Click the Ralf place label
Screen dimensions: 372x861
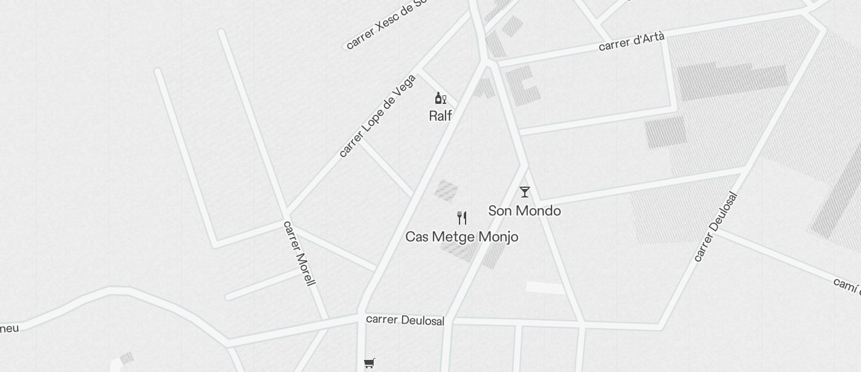[x=440, y=115]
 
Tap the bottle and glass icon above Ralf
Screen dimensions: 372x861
[x=440, y=98]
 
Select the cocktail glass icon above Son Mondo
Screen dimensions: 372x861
[x=525, y=192]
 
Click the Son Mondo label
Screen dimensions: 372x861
[x=524, y=211]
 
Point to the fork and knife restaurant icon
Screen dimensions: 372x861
[x=462, y=218]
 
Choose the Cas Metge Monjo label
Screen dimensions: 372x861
[x=461, y=237]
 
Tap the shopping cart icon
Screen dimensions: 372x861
[x=369, y=363]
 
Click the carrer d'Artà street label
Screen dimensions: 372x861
[x=631, y=42]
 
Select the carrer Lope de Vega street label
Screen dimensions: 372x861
[x=377, y=115]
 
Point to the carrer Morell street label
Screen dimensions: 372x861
[x=299, y=253]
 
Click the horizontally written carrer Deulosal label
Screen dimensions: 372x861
[x=405, y=319]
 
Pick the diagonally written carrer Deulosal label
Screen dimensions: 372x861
[x=715, y=227]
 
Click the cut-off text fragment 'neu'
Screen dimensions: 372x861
[x=10, y=329]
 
